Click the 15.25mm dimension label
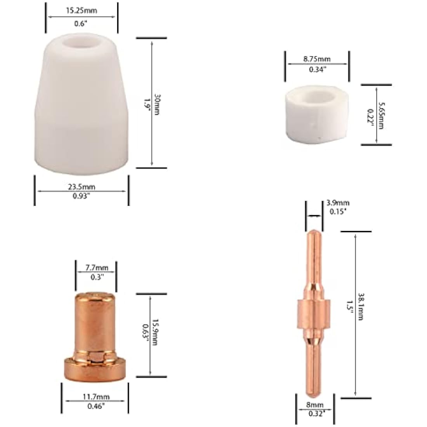(81, 10)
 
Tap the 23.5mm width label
(82, 187)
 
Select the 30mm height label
(157, 104)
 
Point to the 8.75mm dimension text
(317, 59)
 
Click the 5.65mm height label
(382, 116)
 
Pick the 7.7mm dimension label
(97, 268)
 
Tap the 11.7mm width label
(96, 397)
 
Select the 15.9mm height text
(155, 332)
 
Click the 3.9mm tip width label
(338, 203)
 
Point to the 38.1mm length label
(361, 307)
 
